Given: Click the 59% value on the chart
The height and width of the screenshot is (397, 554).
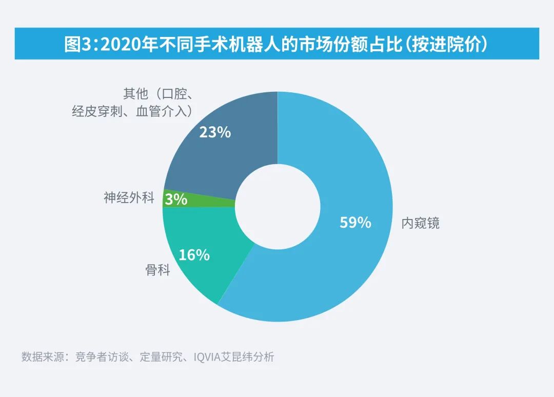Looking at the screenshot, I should [355, 223].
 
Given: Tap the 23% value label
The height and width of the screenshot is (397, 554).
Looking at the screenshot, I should [215, 132].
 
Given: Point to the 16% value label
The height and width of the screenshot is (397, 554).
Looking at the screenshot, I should [194, 254].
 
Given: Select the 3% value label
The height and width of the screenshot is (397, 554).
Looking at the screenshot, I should [176, 199].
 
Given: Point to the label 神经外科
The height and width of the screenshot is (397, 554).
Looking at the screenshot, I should [129, 198].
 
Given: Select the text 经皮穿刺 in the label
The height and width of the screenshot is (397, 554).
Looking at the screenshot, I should [95, 111].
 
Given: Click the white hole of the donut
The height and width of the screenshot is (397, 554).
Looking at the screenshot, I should [277, 207].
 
